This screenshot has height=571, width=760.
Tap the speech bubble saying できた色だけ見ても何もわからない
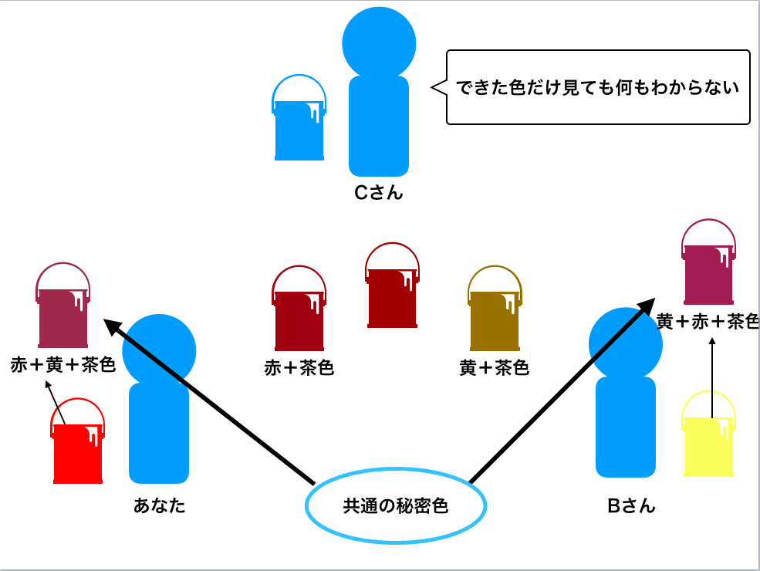[x=598, y=87]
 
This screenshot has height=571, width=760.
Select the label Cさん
[x=378, y=193]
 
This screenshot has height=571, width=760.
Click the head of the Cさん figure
[x=379, y=42]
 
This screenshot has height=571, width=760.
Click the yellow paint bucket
[x=708, y=446]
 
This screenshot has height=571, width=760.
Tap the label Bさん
[x=630, y=505]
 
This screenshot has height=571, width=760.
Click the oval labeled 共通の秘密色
[x=396, y=506]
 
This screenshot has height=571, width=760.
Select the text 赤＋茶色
[x=299, y=368]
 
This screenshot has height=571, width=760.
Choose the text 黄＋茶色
[x=494, y=368]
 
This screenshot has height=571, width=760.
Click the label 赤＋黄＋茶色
[x=62, y=364]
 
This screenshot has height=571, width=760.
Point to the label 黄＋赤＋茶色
[x=707, y=322]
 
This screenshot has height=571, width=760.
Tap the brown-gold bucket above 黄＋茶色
[x=495, y=318]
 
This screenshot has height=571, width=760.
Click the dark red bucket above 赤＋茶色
[x=299, y=318]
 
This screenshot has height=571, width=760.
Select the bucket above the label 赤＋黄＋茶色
[x=62, y=316]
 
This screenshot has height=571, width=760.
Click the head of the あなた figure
[x=159, y=350]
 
